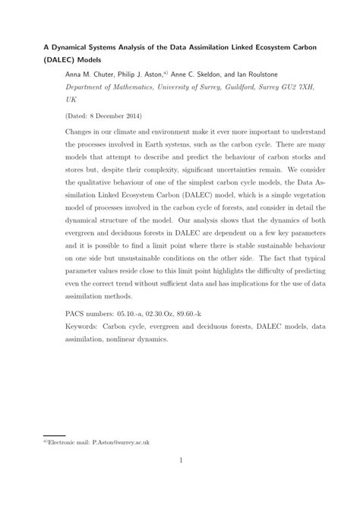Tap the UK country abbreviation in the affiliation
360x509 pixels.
click(x=71, y=100)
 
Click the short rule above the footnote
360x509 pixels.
click(x=55, y=435)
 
